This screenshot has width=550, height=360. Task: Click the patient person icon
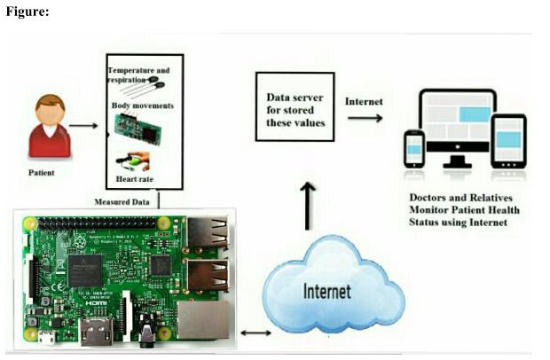point(49,127)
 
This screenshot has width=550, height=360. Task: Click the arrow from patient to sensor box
point(83,125)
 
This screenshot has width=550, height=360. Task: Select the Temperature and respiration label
point(138,74)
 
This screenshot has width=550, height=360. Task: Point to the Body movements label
point(142,106)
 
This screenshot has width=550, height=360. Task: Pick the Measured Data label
point(123,201)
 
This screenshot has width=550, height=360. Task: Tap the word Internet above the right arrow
point(364,101)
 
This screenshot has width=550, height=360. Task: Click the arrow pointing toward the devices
point(365,117)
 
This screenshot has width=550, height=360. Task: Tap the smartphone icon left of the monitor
point(413,149)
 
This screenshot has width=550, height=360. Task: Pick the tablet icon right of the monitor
point(508,141)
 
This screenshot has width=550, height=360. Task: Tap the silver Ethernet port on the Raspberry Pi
point(202,317)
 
